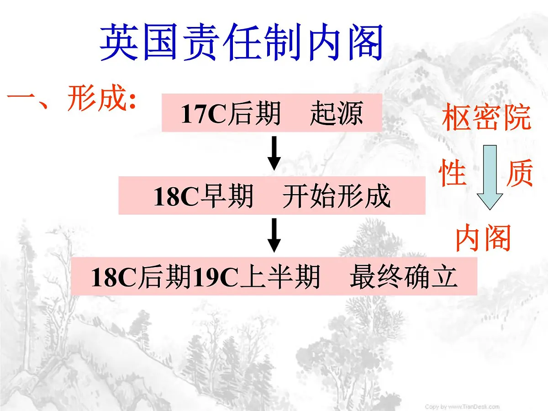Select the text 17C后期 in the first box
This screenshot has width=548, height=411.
(x=230, y=114)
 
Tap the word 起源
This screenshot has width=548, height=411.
(x=337, y=114)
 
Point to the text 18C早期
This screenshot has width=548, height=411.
(x=203, y=197)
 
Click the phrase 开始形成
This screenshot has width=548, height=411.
(x=337, y=197)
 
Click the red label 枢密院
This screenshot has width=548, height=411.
(x=486, y=118)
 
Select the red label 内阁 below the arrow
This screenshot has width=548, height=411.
(x=483, y=238)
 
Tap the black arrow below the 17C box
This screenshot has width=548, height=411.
(x=274, y=153)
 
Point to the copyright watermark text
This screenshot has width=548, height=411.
(x=462, y=406)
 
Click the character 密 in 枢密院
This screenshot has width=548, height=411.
(x=486, y=118)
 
